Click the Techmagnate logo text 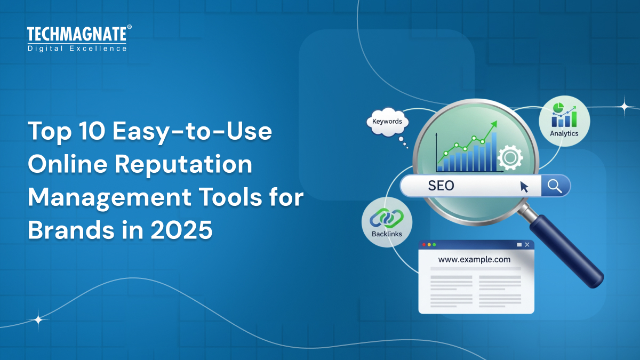click(x=77, y=34)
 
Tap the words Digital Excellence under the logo click(x=77, y=49)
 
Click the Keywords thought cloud click(x=387, y=122)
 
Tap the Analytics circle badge click(x=564, y=121)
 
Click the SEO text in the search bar click(x=441, y=186)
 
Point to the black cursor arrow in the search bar click(x=524, y=186)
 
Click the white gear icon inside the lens click(x=509, y=157)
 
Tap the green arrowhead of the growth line click(x=493, y=124)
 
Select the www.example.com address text click(x=474, y=260)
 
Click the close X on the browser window click(x=527, y=245)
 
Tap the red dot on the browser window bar click(x=424, y=245)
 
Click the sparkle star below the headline click(x=38, y=320)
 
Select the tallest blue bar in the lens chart click(x=494, y=151)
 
